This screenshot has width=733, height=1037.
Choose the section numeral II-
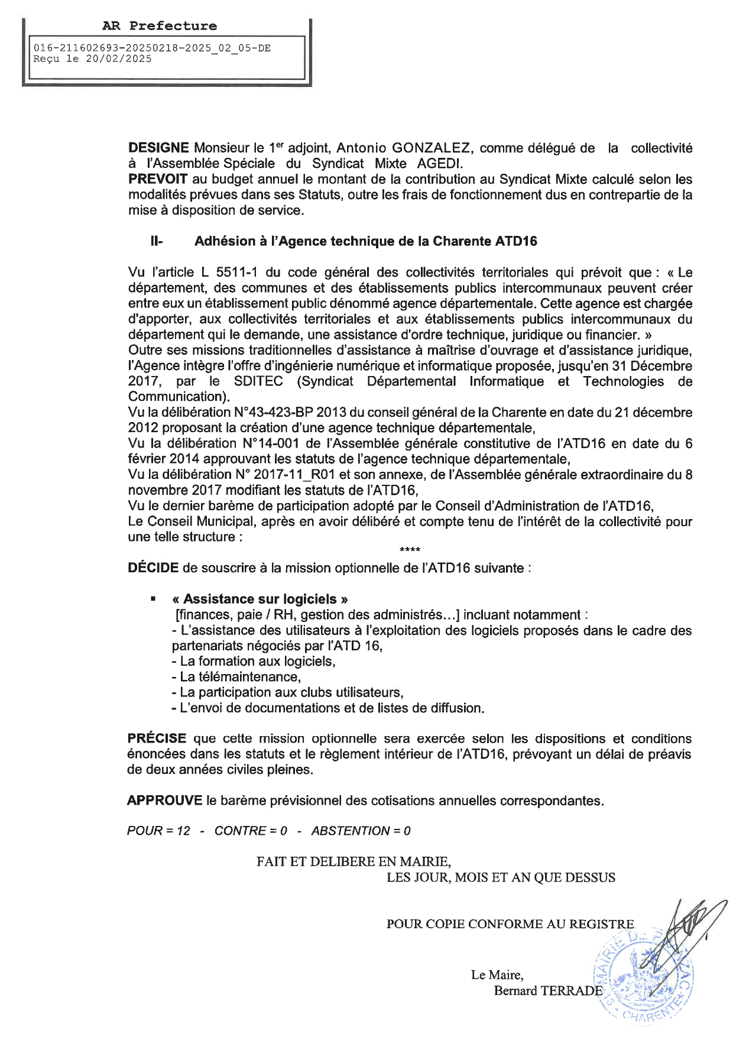click(x=157, y=241)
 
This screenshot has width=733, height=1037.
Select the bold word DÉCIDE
click(x=153, y=568)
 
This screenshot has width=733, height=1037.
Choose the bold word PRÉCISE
click(x=157, y=739)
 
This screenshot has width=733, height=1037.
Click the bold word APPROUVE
click(x=165, y=801)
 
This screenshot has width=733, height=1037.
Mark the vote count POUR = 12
click(x=158, y=831)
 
